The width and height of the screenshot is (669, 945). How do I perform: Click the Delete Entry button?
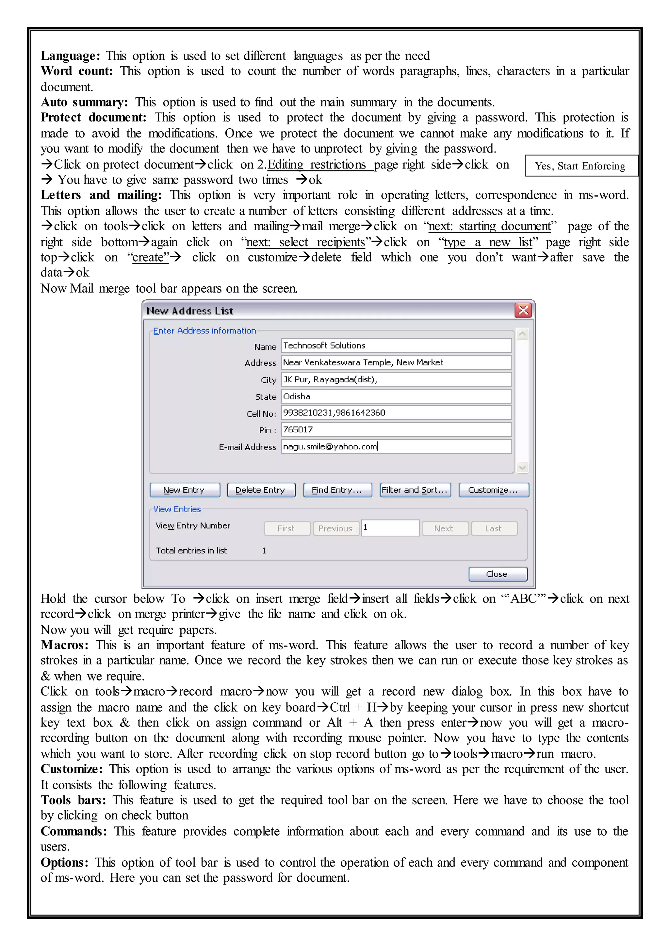click(x=261, y=490)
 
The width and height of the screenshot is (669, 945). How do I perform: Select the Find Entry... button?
click(x=337, y=490)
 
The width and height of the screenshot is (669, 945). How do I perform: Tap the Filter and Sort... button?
click(x=415, y=490)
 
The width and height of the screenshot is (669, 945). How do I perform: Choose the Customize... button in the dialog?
click(x=493, y=490)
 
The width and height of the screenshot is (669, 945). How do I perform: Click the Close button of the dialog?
click(x=497, y=574)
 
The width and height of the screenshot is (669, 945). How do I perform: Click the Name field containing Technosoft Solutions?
click(x=396, y=345)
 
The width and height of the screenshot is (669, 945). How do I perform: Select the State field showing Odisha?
click(x=396, y=396)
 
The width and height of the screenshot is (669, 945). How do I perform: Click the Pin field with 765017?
click(x=396, y=429)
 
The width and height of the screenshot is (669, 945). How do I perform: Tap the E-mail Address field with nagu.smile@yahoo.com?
click(x=396, y=446)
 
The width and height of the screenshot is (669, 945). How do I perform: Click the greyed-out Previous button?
click(x=335, y=528)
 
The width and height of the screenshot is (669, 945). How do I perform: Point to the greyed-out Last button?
click(x=494, y=528)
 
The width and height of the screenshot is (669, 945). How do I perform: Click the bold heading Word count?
click(x=76, y=71)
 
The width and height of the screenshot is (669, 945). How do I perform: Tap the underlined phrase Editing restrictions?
click(x=317, y=164)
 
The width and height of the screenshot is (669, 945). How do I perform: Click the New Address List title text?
click(x=190, y=311)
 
